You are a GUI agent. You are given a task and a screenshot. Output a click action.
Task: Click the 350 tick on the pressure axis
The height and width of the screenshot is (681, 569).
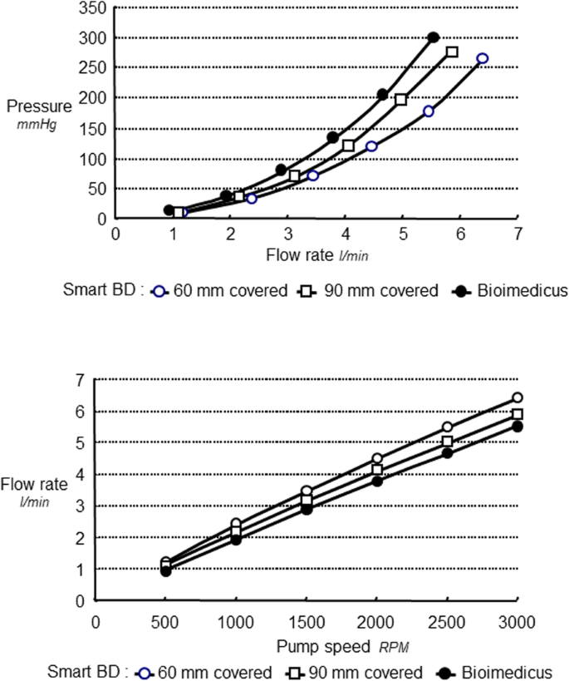(94, 9)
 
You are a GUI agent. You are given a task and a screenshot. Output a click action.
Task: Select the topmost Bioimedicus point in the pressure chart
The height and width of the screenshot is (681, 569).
(434, 37)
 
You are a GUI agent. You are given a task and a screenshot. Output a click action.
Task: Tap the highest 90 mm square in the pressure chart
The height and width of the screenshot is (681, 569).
(452, 52)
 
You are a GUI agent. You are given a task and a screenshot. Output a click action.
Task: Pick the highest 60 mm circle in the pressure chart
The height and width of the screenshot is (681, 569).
(482, 58)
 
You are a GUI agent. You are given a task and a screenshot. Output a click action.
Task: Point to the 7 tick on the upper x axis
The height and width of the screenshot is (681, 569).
(517, 234)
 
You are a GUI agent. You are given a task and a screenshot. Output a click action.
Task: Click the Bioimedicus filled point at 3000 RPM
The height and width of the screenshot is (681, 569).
(517, 426)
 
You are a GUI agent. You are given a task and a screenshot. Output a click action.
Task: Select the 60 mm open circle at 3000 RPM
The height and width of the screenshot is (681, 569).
(517, 398)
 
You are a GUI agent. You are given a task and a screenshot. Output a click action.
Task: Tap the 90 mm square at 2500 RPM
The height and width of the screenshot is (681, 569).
(447, 442)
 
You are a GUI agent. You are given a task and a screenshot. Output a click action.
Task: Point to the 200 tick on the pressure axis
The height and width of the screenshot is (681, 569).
(94, 98)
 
